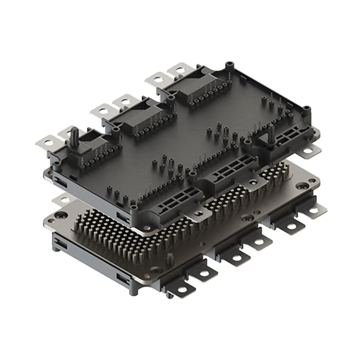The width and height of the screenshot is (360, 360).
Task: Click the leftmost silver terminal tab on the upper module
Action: pos(47,142)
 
